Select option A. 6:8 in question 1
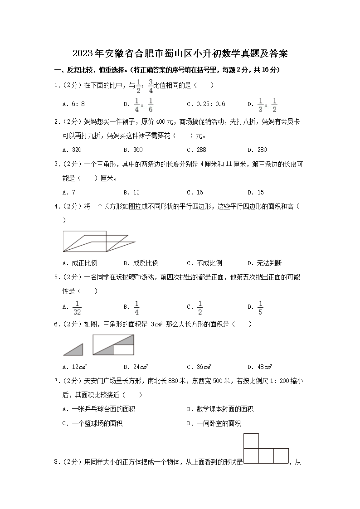[74, 104]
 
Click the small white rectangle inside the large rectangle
[123, 349]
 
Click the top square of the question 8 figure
[251, 441]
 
